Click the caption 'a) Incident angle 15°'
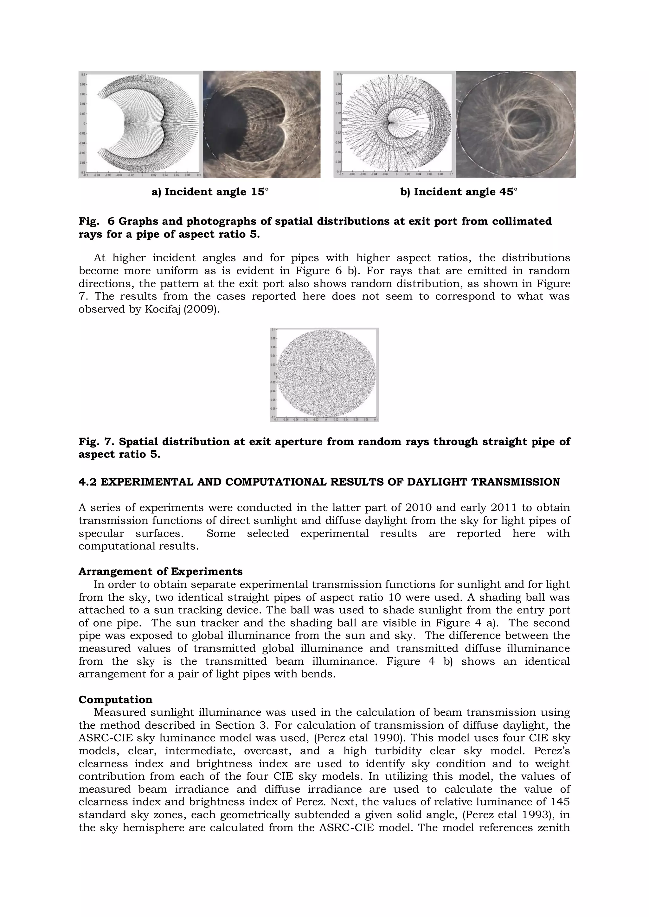click(210, 192)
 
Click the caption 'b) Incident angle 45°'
click(459, 192)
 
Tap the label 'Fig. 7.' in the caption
click(96, 442)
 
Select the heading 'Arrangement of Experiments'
click(160, 572)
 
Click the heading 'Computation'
click(115, 700)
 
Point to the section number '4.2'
click(87, 482)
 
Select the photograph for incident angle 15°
click(262, 124)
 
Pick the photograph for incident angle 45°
click(516, 124)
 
